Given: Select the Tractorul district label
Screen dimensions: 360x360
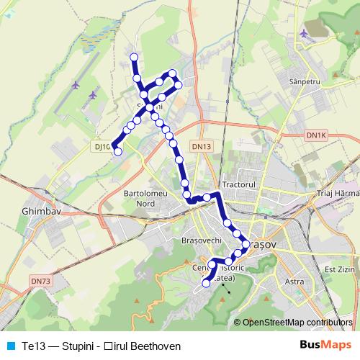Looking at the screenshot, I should point(240,184).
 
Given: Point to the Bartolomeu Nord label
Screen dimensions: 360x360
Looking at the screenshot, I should point(145,199).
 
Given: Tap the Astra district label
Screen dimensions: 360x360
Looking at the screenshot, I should point(294,281).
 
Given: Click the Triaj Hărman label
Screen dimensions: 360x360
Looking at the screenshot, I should point(337,194).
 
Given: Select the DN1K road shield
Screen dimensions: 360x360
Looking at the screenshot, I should point(315,135).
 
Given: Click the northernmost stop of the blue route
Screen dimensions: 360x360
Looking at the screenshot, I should point(132,57).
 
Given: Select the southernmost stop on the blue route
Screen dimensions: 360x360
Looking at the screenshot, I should point(206,284).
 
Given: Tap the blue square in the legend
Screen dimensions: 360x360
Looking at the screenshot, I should point(9,346).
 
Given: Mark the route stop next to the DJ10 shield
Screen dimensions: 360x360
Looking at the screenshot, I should point(117,151).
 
